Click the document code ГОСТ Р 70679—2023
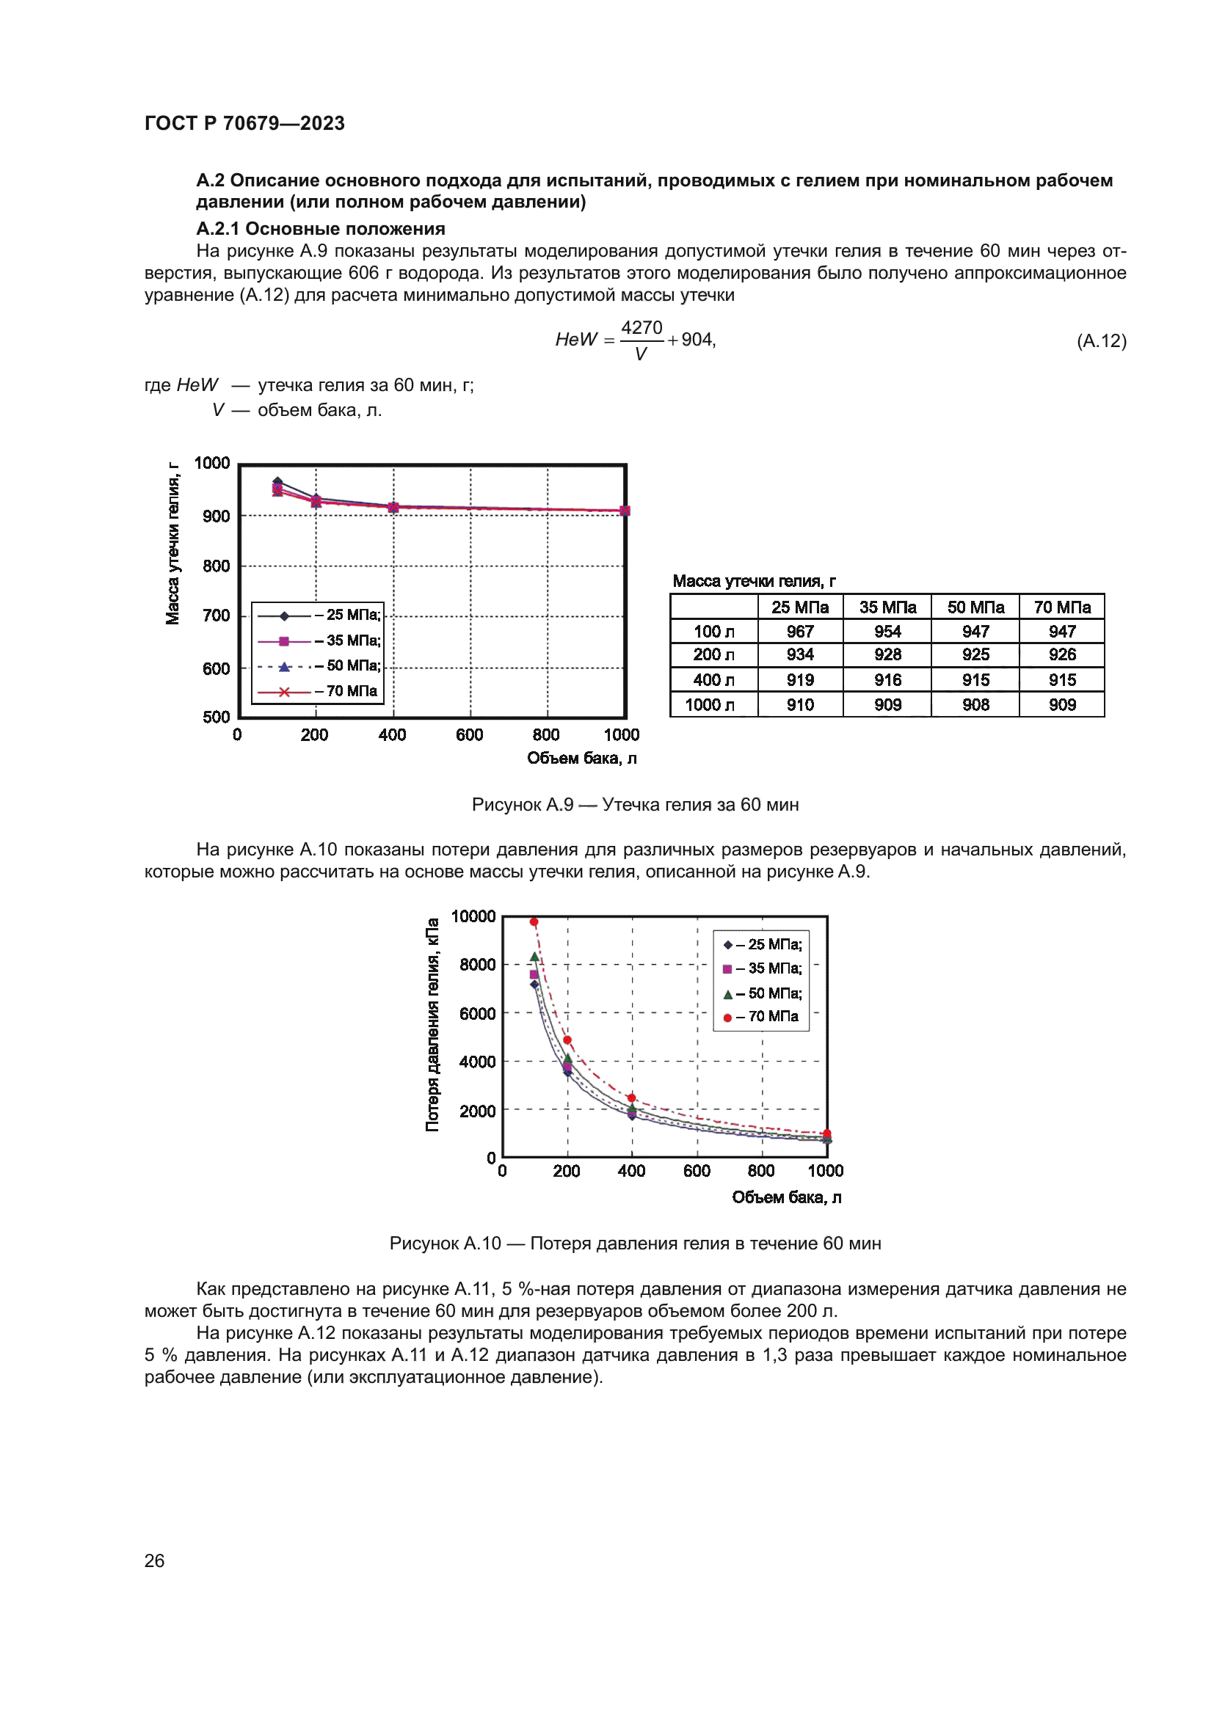point(244,123)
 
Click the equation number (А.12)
point(1101,341)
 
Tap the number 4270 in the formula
point(641,328)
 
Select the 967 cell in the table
point(800,632)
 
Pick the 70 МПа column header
point(1061,607)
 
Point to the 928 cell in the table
point(887,654)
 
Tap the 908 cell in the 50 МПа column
point(975,705)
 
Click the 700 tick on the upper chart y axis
point(216,616)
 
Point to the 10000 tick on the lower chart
point(473,916)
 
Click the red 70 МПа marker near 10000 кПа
point(534,922)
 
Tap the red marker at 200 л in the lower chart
point(567,1040)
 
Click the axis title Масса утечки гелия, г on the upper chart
point(172,544)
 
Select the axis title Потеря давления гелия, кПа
point(432,1025)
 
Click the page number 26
point(154,1560)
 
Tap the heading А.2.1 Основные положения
point(320,229)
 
